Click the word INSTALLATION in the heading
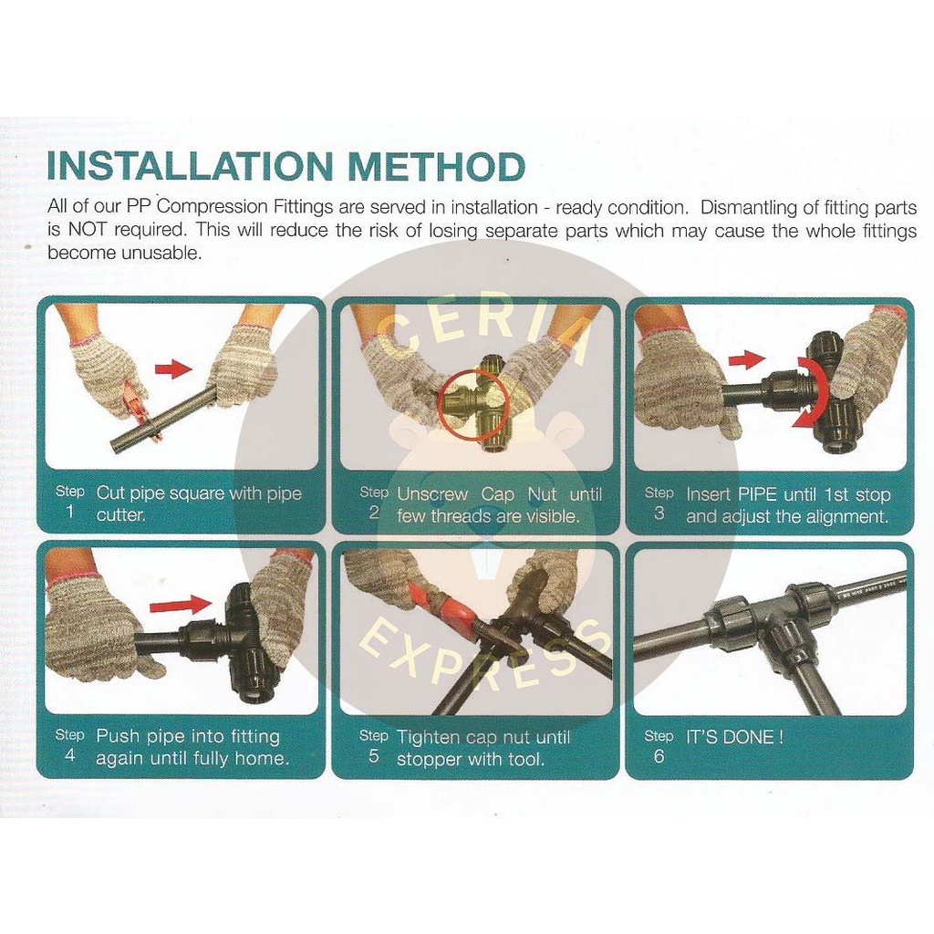pos(191,166)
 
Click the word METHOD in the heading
pos(436,166)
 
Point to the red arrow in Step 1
pos(173,369)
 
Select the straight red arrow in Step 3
pos(747,358)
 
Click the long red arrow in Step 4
pos(181,607)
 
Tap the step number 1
pos(69,512)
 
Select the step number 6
pos(659,756)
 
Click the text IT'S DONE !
pos(734,737)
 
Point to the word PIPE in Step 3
pos(757,494)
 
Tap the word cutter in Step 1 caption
pos(120,514)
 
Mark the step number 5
pos(373,756)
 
